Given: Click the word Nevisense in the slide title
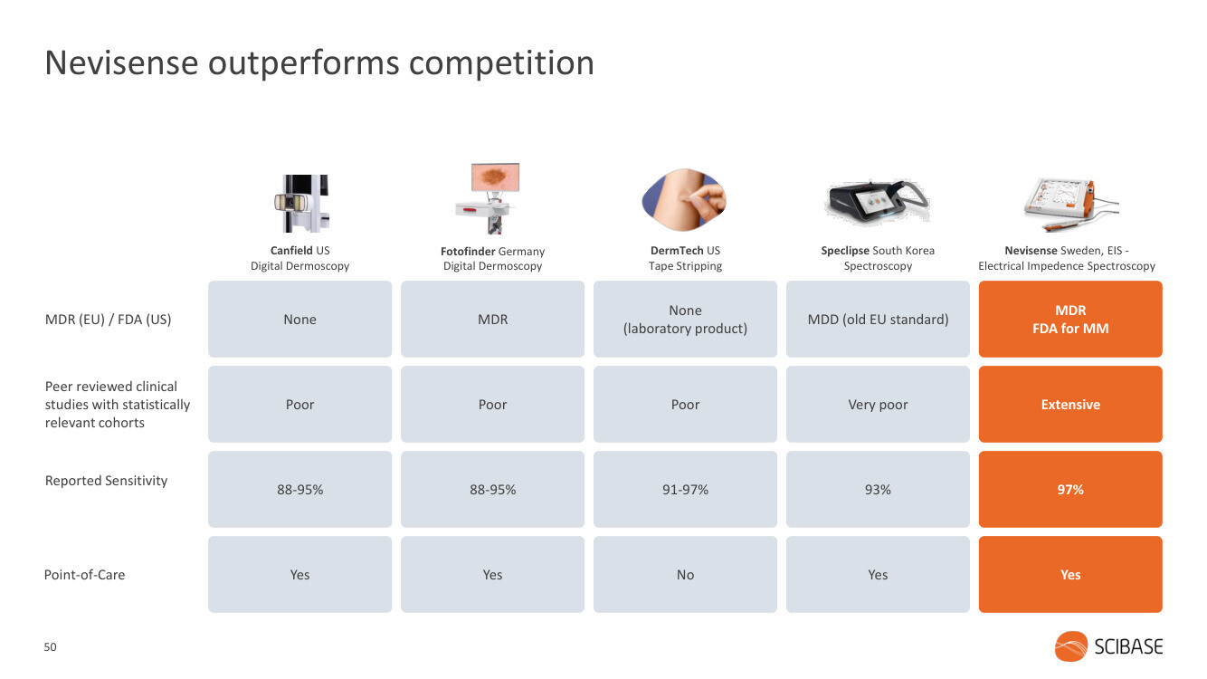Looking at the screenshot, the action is pos(122,62).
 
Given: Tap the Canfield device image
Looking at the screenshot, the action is pos(301,204).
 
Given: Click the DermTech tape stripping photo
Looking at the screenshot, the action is pos(684,198).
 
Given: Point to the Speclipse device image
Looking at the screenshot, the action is pos(878,201).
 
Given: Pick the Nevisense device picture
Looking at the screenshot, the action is pos(1071,204).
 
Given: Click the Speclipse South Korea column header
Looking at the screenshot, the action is pos(878,258).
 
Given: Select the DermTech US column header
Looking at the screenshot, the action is pos(685,258).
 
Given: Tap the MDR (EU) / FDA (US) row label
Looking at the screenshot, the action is pos(108,320).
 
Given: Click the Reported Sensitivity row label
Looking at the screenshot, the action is pos(106,481).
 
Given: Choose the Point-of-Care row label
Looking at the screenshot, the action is pos(84,574).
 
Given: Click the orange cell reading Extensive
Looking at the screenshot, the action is pos(1070,404).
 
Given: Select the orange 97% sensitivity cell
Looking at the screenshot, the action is pos(1070,489).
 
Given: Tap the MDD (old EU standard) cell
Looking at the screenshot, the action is pos(878,319).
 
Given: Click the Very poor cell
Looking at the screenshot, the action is pos(878,404).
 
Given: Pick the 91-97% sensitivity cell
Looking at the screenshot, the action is pos(685,489).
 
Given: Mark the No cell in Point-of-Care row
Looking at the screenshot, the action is pos(685,574).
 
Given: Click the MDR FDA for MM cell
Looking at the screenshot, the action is pos(1070,319).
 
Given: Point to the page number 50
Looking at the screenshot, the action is pos(50,646).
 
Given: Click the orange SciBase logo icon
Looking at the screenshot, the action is pos(1071,646).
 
